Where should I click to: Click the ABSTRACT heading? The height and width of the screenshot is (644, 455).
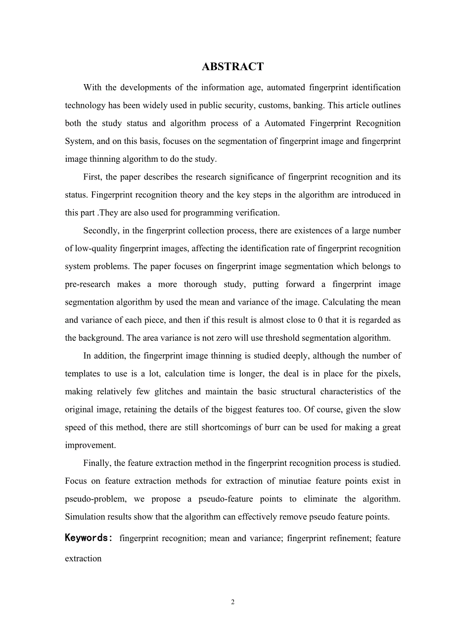pyautogui.click(x=233, y=67)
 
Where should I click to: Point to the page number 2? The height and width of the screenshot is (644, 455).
pyautogui.click(x=233, y=602)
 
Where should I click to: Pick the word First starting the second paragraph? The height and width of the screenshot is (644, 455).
pyautogui.click(x=93, y=177)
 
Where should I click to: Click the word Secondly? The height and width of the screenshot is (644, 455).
pyautogui.click(x=101, y=230)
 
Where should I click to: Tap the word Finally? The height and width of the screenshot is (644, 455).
pyautogui.click(x=98, y=463)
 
